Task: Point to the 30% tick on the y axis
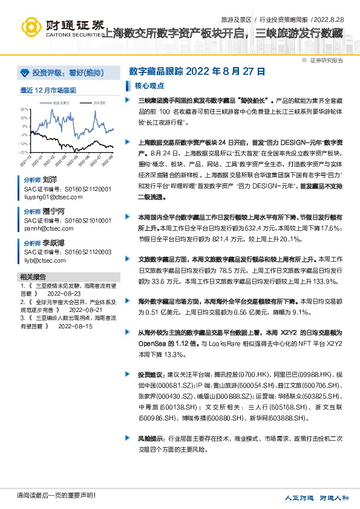pos(24,109)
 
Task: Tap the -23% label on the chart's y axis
pos(24,152)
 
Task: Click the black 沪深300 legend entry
pos(97,103)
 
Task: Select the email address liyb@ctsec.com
pos(45,261)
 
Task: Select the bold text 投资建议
pos(150,375)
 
